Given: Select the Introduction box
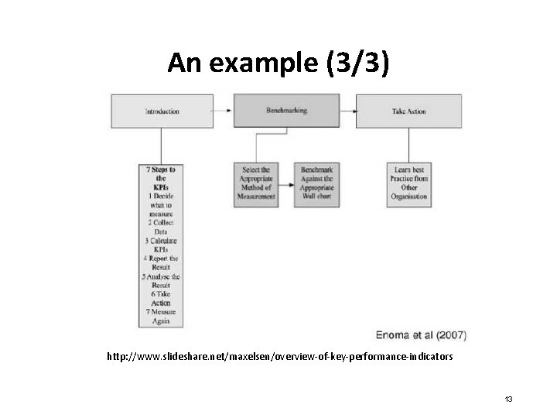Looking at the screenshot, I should click(x=162, y=111).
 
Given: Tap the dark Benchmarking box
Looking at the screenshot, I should click(x=285, y=111).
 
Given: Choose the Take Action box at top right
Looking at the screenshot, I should click(x=408, y=111).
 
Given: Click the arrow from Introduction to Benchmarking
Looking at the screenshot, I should click(x=223, y=111).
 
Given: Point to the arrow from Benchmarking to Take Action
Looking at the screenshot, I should click(x=347, y=111).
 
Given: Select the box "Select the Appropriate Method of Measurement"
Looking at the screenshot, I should click(x=255, y=183).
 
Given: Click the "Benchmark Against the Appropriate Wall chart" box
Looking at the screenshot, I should click(x=317, y=183).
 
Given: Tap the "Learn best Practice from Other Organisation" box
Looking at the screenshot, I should click(x=408, y=183).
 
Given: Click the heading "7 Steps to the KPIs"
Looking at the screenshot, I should click(x=161, y=178).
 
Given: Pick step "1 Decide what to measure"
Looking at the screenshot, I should click(x=161, y=205).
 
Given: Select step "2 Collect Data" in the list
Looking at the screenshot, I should click(x=161, y=226).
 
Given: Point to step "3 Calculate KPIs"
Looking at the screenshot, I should click(x=161, y=244).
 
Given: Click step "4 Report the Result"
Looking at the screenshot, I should click(x=161, y=262).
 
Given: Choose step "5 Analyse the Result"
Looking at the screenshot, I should click(x=161, y=280).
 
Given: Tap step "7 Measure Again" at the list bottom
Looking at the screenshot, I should click(x=161, y=317).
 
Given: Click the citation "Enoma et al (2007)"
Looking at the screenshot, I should click(x=421, y=336).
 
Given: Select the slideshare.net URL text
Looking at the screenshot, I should click(x=280, y=358).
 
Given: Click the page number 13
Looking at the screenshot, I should click(x=508, y=399).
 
